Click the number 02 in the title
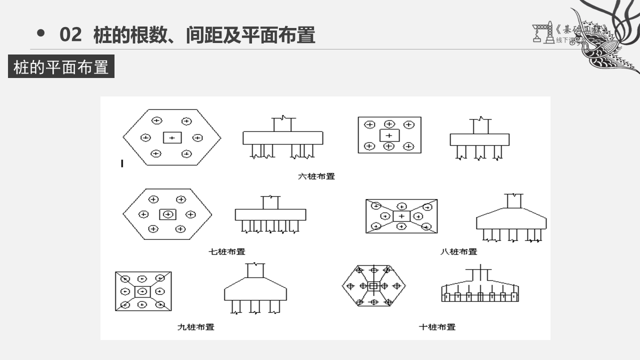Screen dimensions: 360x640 [x=70, y=35]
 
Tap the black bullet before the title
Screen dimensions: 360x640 [x=41, y=33]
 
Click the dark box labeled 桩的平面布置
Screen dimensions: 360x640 [x=61, y=66]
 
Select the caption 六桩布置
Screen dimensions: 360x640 [x=316, y=176]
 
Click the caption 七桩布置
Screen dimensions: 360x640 [x=226, y=251]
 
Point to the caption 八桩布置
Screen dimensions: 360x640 [x=458, y=251]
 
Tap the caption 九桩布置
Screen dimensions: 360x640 [x=195, y=327]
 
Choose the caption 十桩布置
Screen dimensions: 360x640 [x=437, y=327]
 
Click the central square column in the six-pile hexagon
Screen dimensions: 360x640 [x=172, y=137]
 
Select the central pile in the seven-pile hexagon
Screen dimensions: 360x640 [x=168, y=214]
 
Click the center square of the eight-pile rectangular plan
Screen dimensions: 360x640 [x=401, y=216]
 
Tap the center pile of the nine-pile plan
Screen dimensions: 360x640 [x=143, y=291]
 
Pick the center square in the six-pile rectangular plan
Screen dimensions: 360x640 [x=389, y=135]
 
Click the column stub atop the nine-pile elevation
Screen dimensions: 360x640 [x=255, y=270]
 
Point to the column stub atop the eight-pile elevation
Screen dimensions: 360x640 [x=513, y=201]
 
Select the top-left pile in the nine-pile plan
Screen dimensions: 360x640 [x=125, y=278]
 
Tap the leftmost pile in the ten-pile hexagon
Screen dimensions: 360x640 [x=350, y=286]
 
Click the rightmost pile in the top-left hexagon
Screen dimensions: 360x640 [x=197, y=137]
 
